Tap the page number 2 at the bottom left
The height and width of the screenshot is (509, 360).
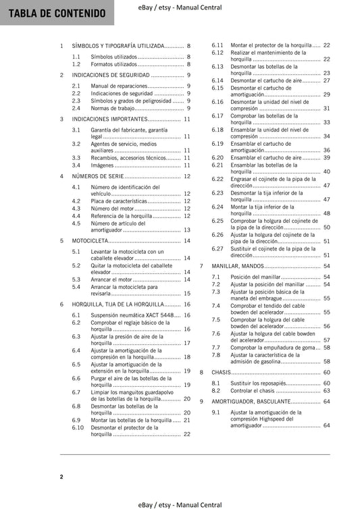[61, 477]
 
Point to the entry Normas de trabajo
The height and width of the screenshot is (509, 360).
[103, 108]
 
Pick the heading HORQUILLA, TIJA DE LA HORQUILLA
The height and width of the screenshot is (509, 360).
[118, 304]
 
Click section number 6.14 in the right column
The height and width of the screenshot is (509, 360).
[217, 80]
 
